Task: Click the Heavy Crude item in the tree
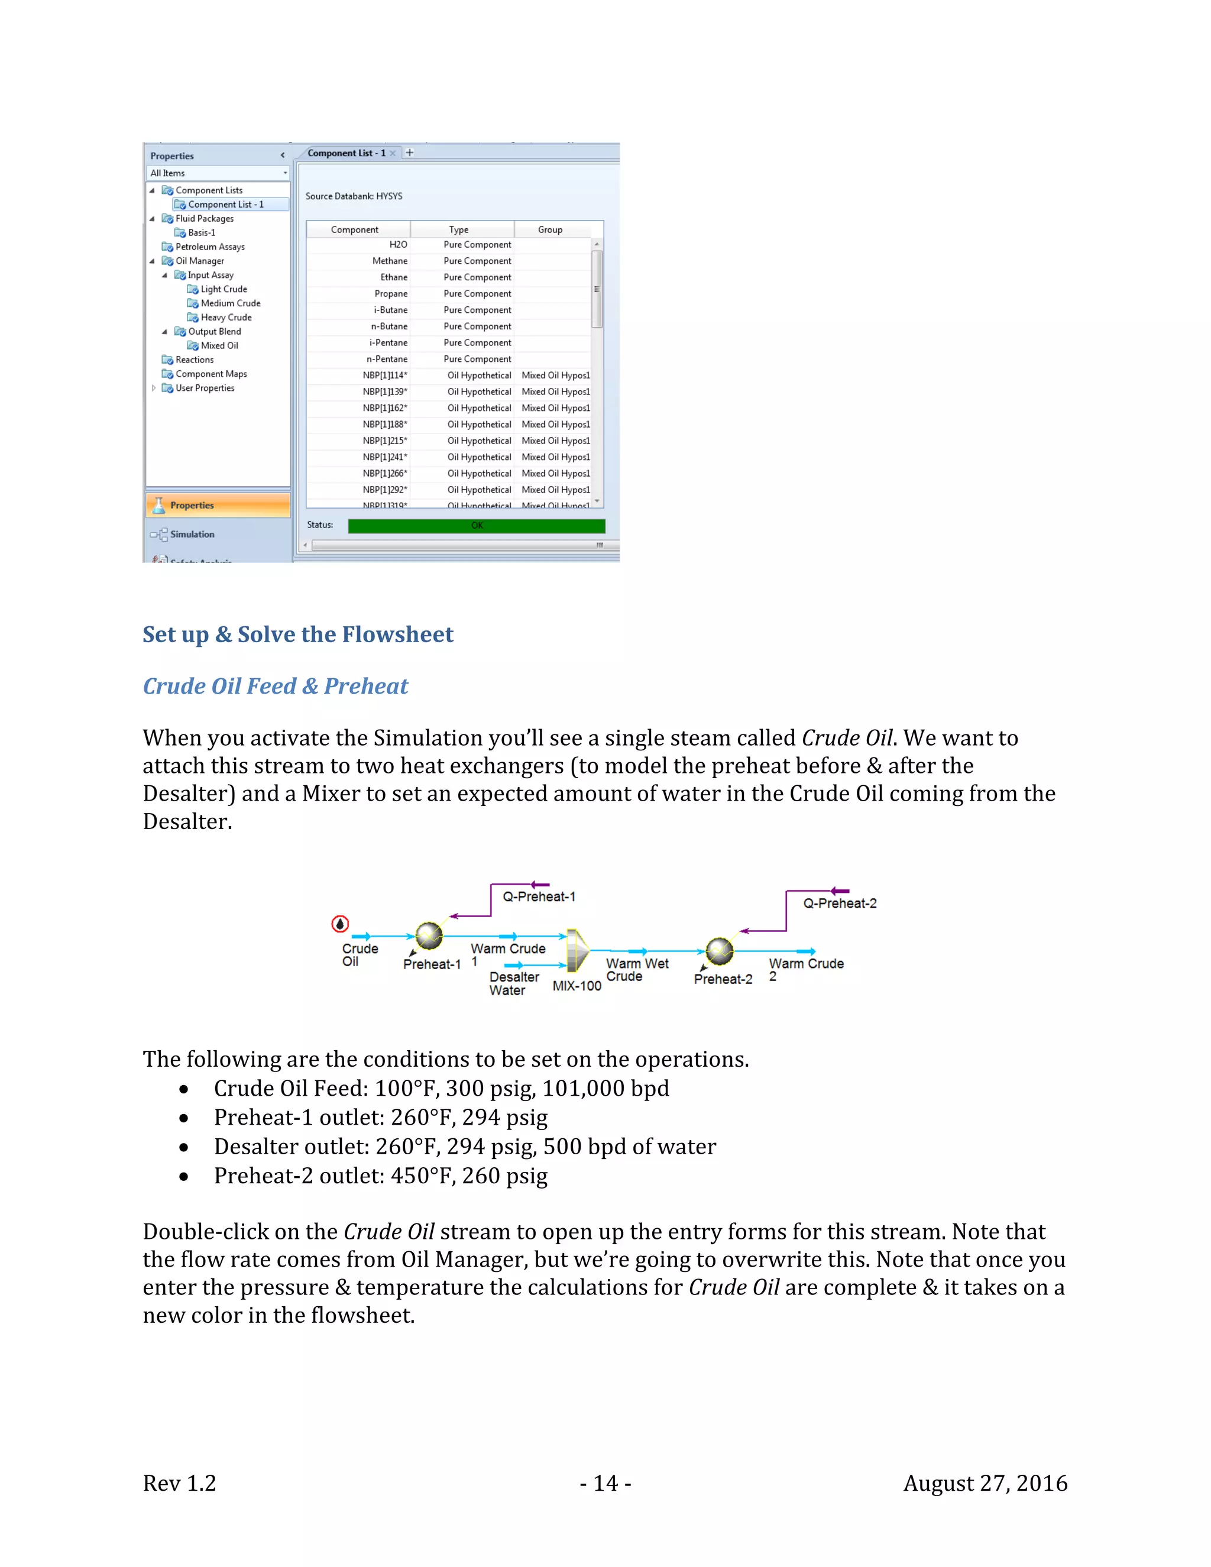click(226, 317)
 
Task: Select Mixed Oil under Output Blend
click(219, 345)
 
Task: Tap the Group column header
click(551, 229)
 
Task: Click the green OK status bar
click(477, 526)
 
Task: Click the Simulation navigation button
click(192, 534)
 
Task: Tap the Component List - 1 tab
click(347, 153)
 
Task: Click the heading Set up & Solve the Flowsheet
click(298, 634)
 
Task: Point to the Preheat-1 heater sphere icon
click(429, 935)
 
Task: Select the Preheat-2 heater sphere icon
click(720, 951)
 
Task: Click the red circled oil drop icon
click(340, 924)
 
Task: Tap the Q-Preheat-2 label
click(840, 904)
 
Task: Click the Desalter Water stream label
click(514, 984)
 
